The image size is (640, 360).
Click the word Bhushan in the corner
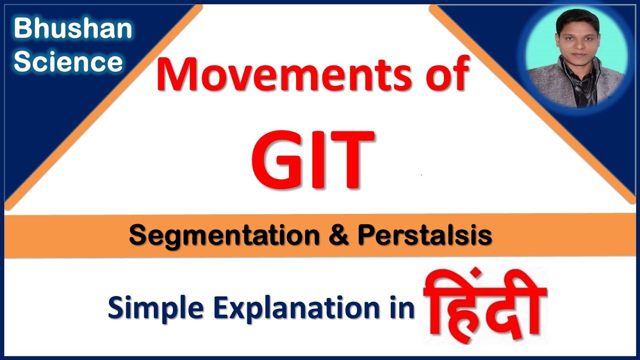pos(72,29)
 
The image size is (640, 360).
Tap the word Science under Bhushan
pos(68,62)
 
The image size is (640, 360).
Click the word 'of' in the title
pos(447,74)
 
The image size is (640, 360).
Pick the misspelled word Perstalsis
pos(424,235)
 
